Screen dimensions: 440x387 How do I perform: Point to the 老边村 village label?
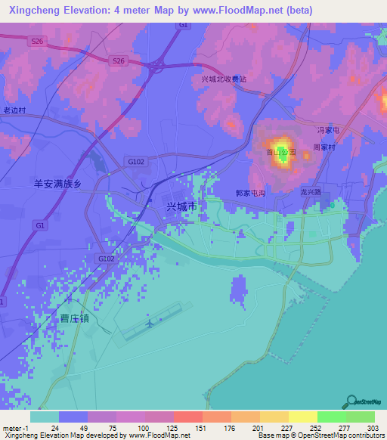coord(14,110)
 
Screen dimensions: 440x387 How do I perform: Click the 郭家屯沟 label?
coord(251,194)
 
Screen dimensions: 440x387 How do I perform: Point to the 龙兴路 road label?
coord(311,193)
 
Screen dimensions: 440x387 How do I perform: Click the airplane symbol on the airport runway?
coord(149,324)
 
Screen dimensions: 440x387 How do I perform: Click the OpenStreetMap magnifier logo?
coord(351,401)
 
